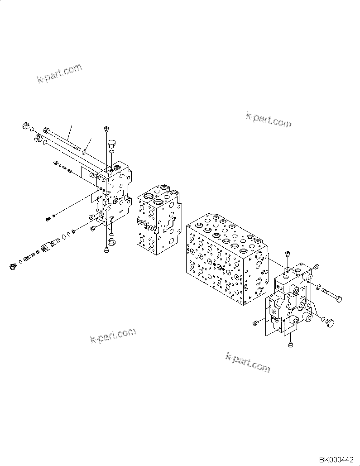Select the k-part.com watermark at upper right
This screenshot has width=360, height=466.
click(269, 119)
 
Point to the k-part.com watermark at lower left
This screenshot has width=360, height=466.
click(113, 336)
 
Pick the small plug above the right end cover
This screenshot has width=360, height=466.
click(287, 255)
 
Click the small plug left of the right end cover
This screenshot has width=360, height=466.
click(256, 322)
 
